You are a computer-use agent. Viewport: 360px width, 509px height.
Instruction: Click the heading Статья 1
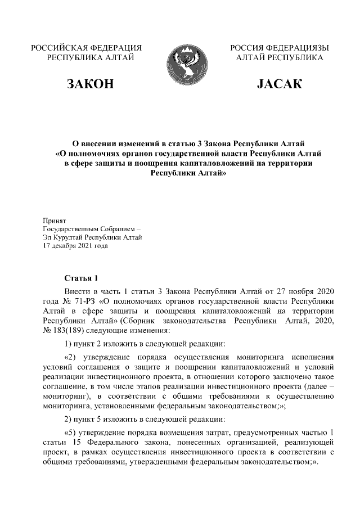tap(82, 278)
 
